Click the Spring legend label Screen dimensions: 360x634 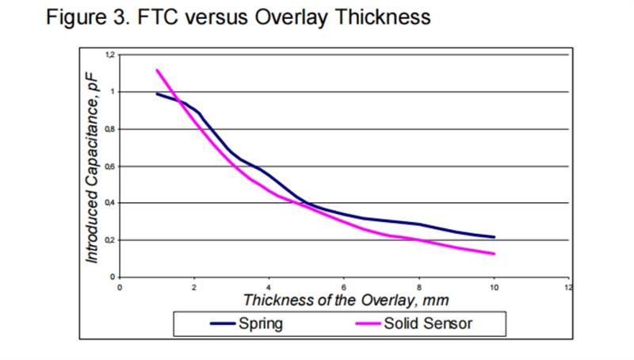point(260,324)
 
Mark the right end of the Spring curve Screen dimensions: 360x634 point(494,237)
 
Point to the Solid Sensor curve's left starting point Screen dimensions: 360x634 point(157,70)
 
